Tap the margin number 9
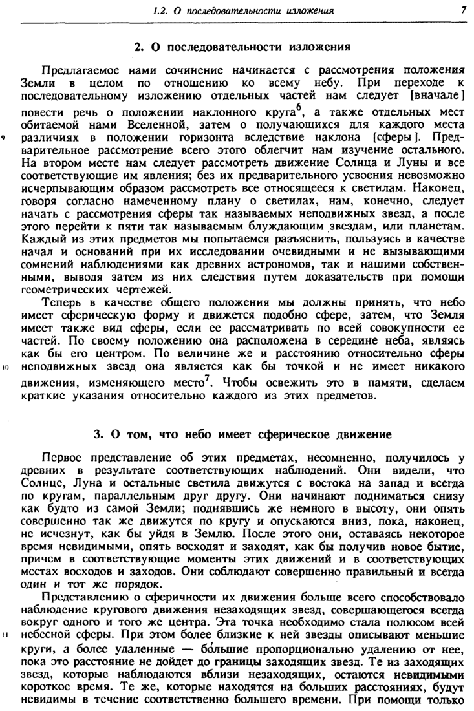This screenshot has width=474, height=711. [5, 137]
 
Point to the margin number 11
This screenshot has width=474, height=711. [5, 633]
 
